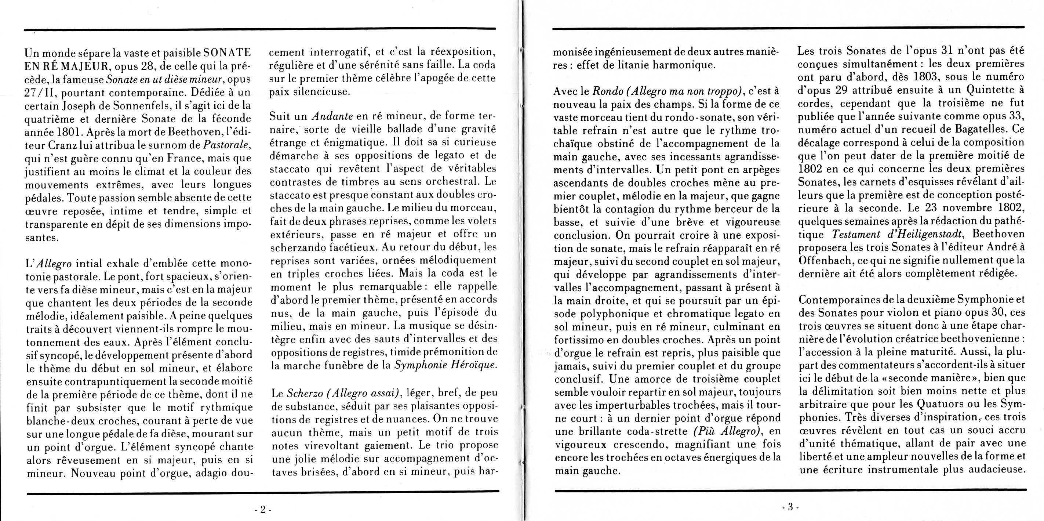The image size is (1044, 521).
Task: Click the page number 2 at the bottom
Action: tap(263, 509)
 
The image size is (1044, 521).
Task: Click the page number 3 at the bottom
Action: tap(790, 506)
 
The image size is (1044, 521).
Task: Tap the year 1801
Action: tap(70, 132)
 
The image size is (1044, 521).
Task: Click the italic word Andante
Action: tap(332, 116)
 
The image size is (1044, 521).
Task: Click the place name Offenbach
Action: tap(825, 260)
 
